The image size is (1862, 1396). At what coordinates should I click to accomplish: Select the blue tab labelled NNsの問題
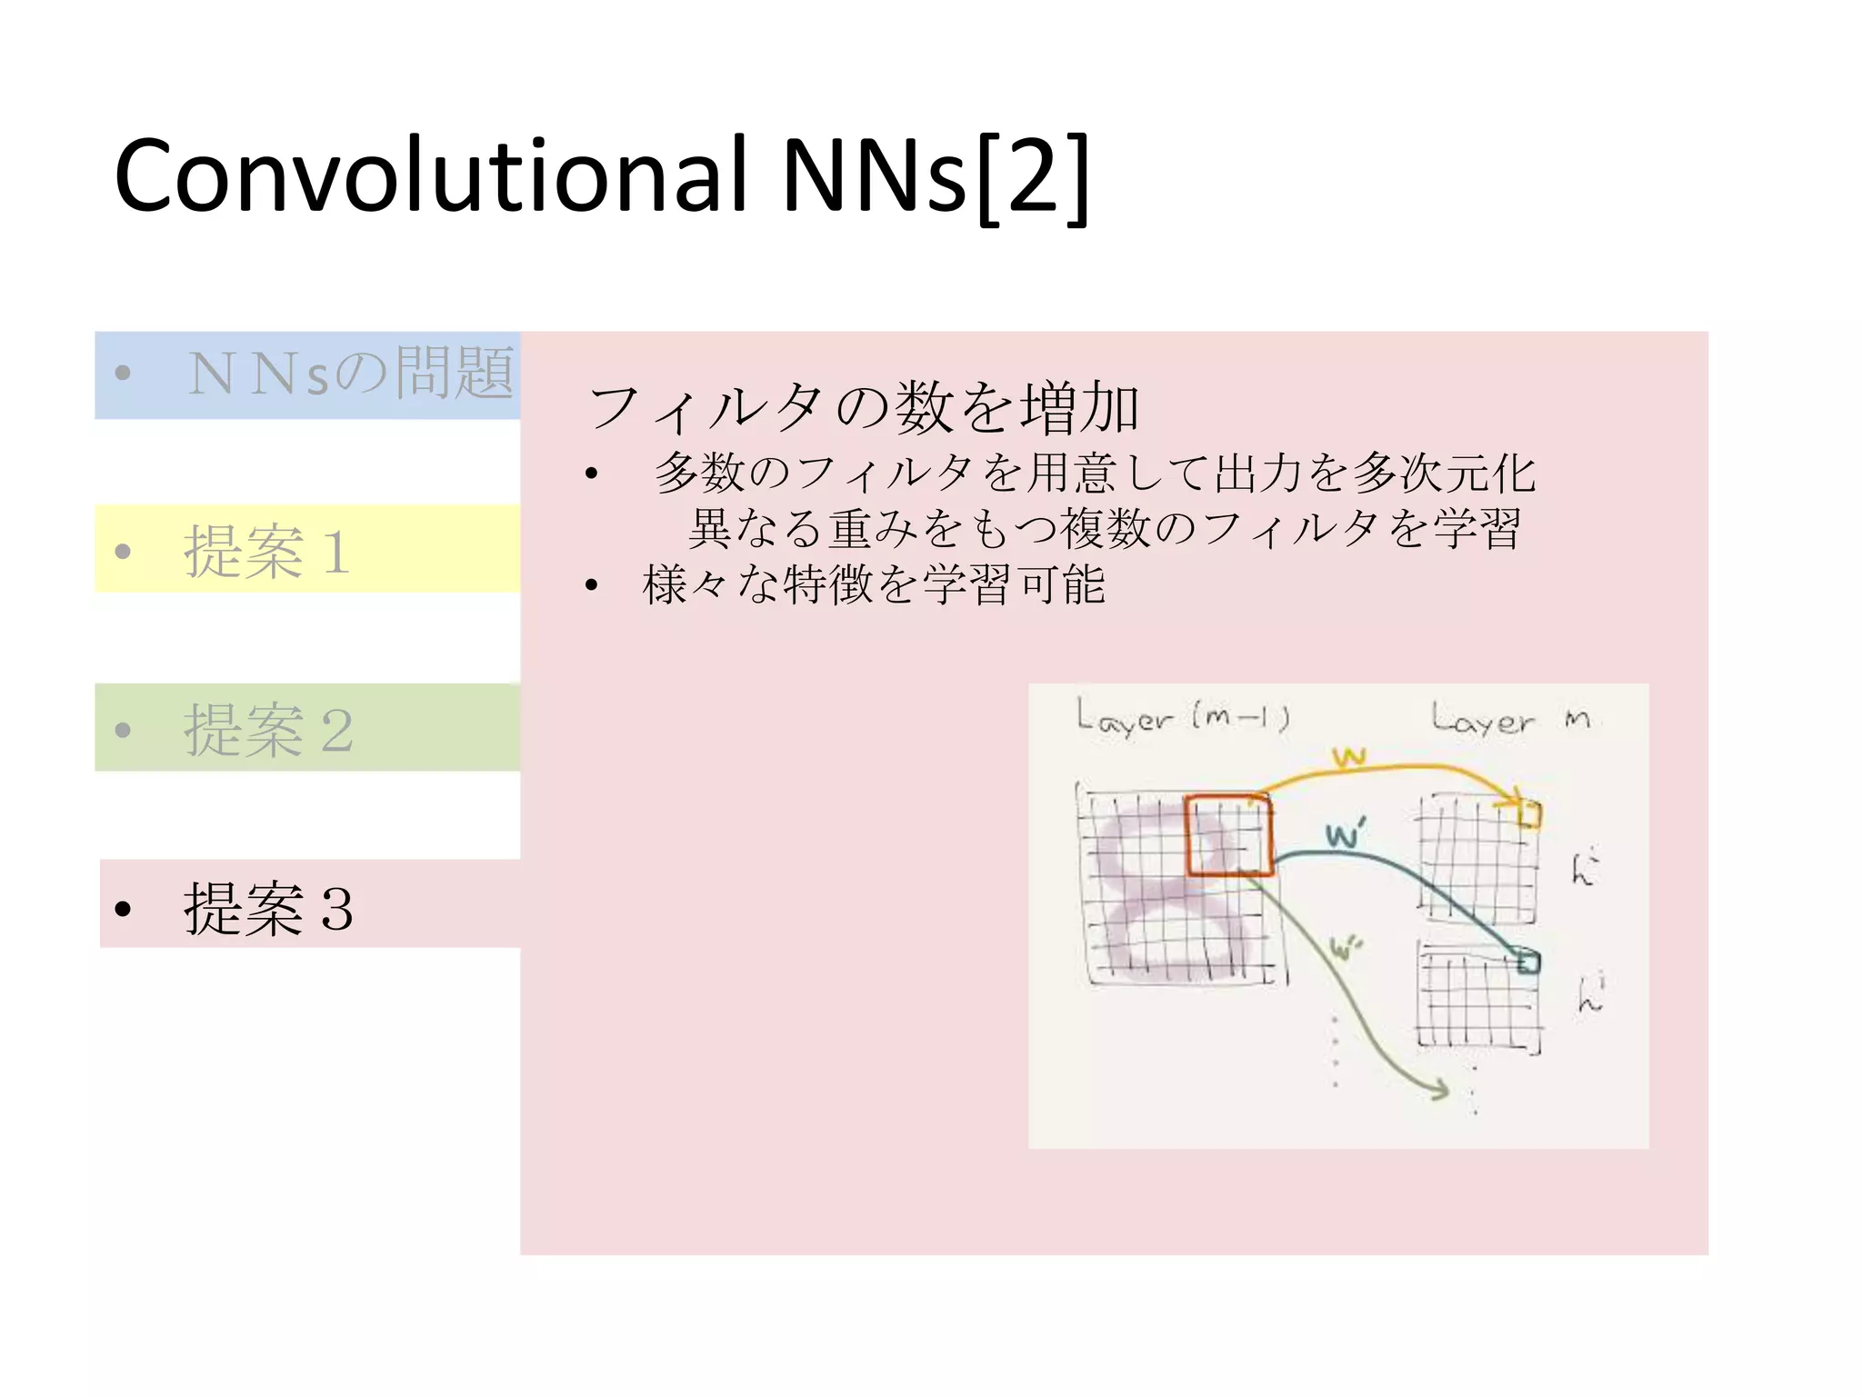pyautogui.click(x=307, y=374)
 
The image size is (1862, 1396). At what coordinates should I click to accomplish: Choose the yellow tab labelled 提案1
pyautogui.click(x=307, y=549)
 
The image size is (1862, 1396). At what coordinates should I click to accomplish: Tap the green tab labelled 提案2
pyautogui.click(x=307, y=728)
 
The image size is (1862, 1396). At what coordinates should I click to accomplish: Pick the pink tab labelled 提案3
pyautogui.click(x=309, y=904)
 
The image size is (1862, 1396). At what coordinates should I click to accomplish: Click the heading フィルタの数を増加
pyautogui.click(x=863, y=406)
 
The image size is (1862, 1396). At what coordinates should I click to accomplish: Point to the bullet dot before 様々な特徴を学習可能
pyautogui.click(x=592, y=585)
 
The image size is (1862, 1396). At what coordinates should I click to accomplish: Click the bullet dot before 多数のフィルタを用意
pyautogui.click(x=592, y=474)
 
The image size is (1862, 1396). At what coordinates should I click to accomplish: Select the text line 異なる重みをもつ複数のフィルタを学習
pyautogui.click(x=1104, y=529)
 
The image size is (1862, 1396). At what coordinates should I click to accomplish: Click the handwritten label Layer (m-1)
pyautogui.click(x=1182, y=718)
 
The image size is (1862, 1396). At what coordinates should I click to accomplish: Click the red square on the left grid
pyautogui.click(x=1228, y=836)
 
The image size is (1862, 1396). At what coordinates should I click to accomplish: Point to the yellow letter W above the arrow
pyautogui.click(x=1349, y=757)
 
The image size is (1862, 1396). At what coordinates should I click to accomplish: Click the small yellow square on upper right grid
pyautogui.click(x=1529, y=814)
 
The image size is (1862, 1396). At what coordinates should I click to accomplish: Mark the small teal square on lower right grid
pyautogui.click(x=1529, y=962)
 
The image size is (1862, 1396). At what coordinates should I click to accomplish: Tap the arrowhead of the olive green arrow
pyautogui.click(x=1438, y=1089)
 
